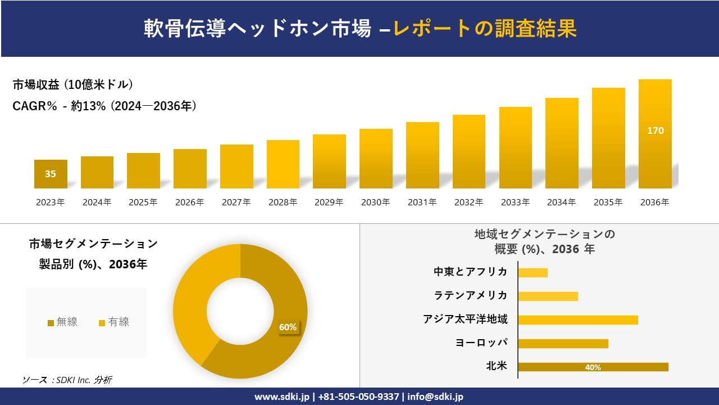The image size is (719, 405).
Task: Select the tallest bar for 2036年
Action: click(x=655, y=157)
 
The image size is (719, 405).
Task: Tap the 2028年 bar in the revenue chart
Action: click(x=283, y=164)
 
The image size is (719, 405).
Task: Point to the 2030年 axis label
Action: click(x=375, y=202)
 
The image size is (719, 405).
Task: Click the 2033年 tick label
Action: click(x=515, y=202)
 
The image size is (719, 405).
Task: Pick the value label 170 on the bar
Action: click(x=655, y=131)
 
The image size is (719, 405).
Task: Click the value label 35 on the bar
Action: click(x=51, y=174)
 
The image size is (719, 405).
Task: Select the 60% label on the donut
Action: click(x=288, y=327)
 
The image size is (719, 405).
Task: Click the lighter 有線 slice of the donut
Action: click(x=194, y=298)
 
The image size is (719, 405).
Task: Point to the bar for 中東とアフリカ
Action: click(x=533, y=273)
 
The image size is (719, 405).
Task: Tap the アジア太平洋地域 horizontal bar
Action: click(x=577, y=320)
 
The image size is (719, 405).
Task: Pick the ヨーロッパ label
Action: click(x=481, y=343)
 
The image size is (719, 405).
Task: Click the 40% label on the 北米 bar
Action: click(x=593, y=367)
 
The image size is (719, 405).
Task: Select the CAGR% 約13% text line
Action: click(x=104, y=106)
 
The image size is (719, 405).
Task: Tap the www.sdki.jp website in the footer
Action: click(x=283, y=397)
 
